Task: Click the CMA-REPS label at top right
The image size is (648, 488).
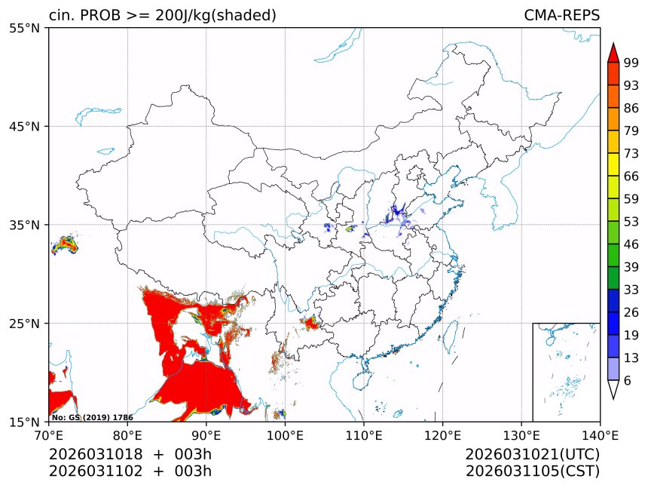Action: pyautogui.click(x=561, y=15)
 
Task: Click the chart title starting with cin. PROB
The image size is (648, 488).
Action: pyautogui.click(x=162, y=15)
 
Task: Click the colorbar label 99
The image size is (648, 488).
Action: pyautogui.click(x=631, y=62)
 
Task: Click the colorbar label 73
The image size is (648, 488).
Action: pyautogui.click(x=631, y=153)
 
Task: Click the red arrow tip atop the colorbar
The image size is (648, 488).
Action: pyautogui.click(x=613, y=51)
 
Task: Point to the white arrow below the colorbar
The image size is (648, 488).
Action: pyautogui.click(x=613, y=389)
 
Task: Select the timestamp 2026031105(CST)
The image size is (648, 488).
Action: pyautogui.click(x=532, y=471)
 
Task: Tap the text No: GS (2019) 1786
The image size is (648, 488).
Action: pyautogui.click(x=92, y=417)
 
